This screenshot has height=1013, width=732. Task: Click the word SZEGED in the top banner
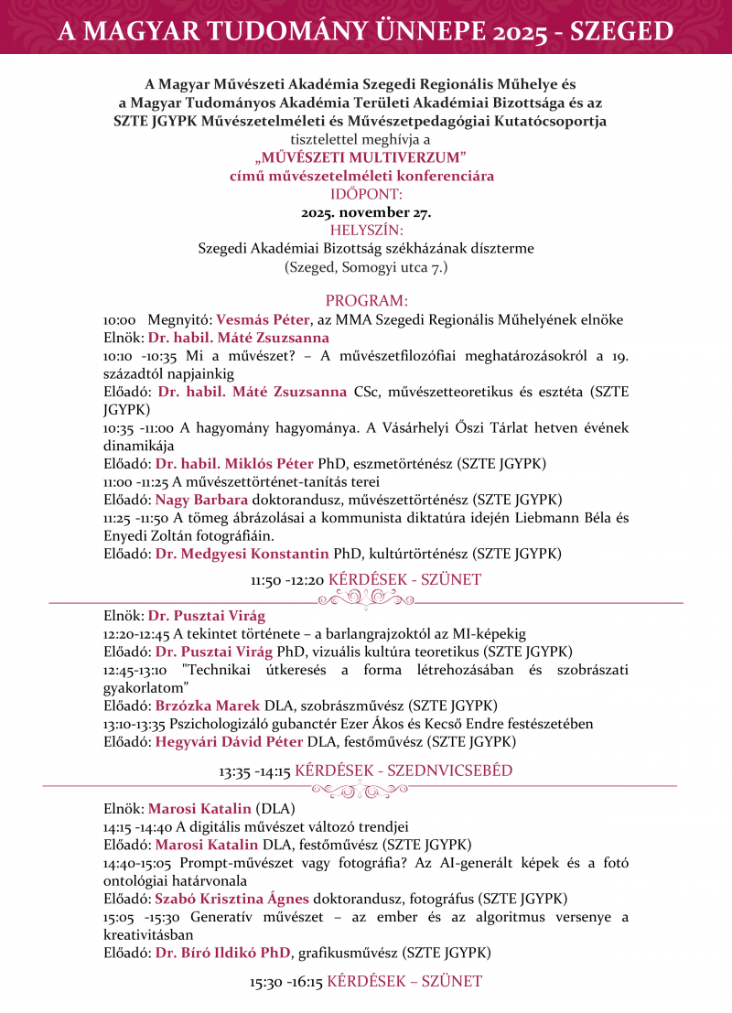(x=621, y=32)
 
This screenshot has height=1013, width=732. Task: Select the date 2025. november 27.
(x=366, y=211)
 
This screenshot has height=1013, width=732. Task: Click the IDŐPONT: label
(x=366, y=193)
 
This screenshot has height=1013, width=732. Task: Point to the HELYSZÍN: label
(x=366, y=229)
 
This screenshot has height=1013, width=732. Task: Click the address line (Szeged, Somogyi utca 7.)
(x=366, y=267)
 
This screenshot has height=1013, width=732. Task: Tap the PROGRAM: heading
(x=366, y=301)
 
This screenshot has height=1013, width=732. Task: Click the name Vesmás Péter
(x=263, y=319)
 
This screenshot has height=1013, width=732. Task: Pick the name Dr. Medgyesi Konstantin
(x=242, y=553)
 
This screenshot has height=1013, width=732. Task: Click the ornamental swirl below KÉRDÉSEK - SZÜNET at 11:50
(x=365, y=598)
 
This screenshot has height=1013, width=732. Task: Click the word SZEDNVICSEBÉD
(x=449, y=771)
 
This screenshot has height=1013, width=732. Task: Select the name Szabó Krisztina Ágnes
(x=231, y=898)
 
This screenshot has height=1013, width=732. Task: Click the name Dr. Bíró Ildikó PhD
(x=223, y=953)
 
